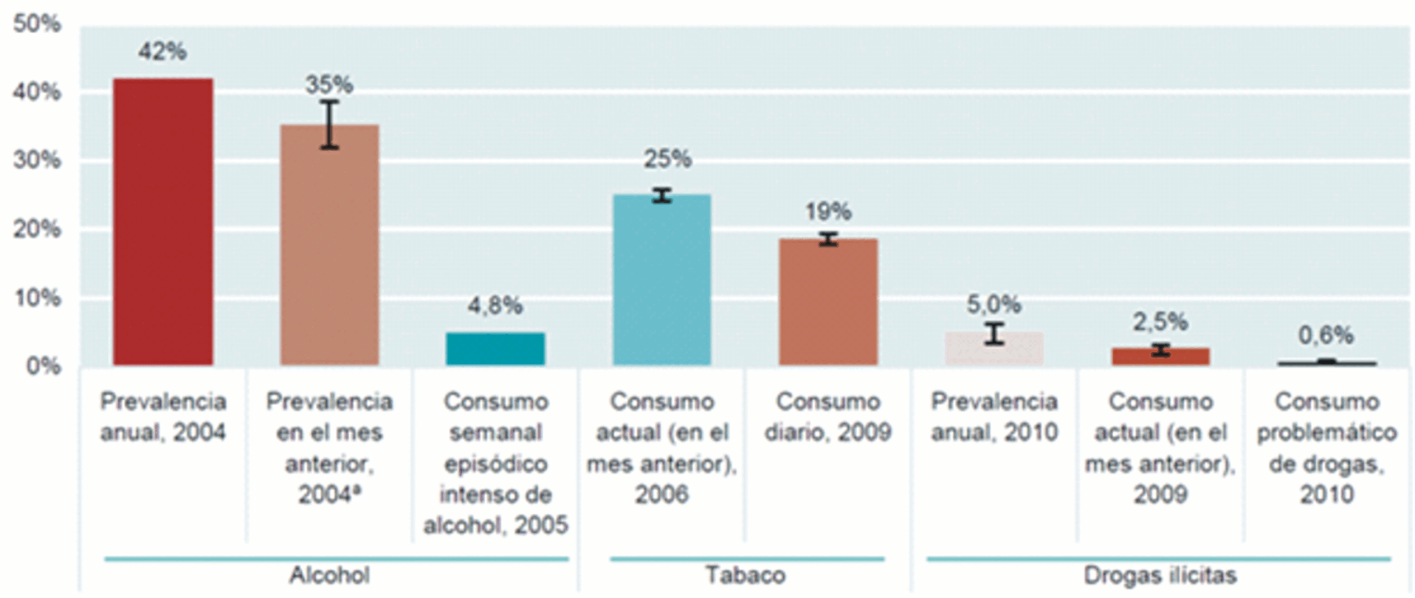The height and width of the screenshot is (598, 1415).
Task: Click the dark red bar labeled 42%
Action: [x=163, y=222]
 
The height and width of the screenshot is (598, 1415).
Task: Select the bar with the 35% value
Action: [x=329, y=245]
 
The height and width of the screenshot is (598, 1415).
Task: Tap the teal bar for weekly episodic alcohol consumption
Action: [x=495, y=349]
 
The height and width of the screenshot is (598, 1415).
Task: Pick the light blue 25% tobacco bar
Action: [x=662, y=280]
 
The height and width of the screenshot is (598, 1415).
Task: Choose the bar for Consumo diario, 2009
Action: [x=828, y=302]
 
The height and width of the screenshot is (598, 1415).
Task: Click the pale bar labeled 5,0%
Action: [x=994, y=350]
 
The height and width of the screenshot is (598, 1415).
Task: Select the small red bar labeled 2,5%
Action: [x=1160, y=357]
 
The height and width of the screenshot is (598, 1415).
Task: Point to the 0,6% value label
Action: [x=1325, y=336]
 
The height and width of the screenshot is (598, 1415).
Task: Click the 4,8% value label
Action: [x=495, y=306]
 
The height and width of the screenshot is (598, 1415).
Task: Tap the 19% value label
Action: [x=828, y=211]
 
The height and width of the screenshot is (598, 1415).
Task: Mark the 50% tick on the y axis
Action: [x=37, y=24]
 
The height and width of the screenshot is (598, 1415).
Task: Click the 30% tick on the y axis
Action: [x=37, y=160]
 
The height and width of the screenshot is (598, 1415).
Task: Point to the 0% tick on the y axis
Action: [x=43, y=366]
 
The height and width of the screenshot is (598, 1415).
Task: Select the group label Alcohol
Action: [x=329, y=575]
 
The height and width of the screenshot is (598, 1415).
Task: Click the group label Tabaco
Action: [x=745, y=575]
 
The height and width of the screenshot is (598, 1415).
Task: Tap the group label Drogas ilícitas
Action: [x=1160, y=575]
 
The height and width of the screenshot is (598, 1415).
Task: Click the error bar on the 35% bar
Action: [x=330, y=124]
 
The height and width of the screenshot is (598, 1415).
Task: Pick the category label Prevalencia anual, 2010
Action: [x=994, y=416]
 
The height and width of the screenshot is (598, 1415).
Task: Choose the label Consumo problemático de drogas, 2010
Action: [x=1326, y=448]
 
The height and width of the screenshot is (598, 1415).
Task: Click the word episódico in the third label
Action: [x=495, y=464]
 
